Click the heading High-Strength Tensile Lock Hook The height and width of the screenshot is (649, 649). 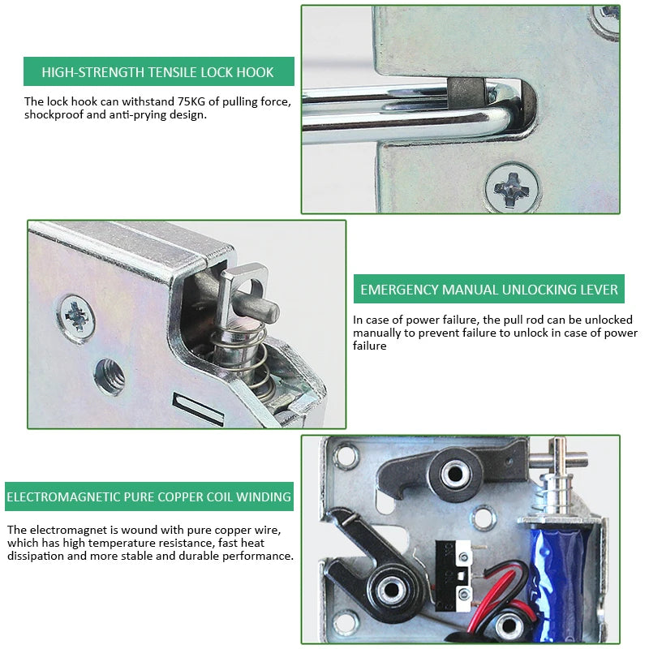coord(157,72)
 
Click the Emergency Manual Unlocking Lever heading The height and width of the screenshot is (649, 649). coord(489,290)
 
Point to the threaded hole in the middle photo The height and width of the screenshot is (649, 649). coord(109,376)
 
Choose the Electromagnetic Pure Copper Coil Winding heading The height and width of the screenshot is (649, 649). coord(149,496)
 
